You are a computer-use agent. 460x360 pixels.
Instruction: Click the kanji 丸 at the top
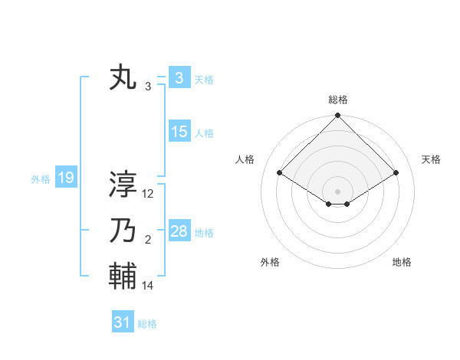[123, 79]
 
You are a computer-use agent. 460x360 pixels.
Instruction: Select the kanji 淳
[123, 185]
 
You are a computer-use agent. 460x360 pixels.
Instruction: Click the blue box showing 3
[179, 78]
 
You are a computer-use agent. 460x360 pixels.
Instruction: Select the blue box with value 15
[179, 132]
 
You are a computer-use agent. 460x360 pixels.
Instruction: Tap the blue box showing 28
[179, 231]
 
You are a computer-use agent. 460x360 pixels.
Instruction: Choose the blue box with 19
[65, 178]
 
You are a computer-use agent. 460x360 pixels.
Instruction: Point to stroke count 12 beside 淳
[148, 194]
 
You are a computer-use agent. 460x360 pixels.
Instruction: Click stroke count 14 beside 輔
[148, 286]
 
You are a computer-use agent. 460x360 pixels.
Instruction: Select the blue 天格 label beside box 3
[204, 80]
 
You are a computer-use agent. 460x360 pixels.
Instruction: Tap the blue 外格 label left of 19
[41, 179]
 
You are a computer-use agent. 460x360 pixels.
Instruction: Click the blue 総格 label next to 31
[147, 324]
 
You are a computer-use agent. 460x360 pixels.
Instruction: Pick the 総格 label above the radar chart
[337, 100]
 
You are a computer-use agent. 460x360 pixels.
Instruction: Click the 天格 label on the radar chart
[431, 159]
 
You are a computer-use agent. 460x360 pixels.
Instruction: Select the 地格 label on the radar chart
[402, 262]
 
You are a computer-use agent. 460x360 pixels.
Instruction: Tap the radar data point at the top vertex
[337, 116]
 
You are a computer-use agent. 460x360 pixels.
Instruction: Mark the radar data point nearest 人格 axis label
[280, 172]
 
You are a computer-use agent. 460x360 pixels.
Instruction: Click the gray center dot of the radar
[337, 191]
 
